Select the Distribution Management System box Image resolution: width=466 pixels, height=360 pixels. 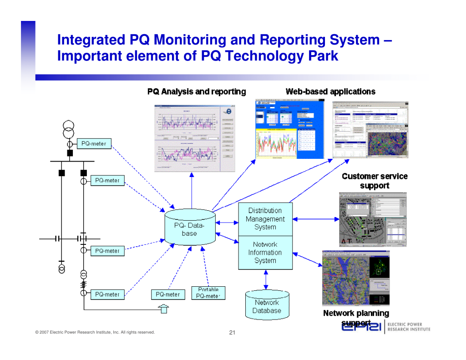pos(265,219)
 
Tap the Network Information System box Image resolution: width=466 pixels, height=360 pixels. pos(265,253)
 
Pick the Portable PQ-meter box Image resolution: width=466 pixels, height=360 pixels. pos(208,293)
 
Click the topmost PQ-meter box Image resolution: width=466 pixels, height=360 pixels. pos(94,144)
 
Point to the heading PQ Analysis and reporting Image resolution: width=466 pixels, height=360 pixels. pos(197,91)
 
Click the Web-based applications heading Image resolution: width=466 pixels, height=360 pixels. pos(330,91)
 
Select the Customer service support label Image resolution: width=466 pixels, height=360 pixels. pos(375,181)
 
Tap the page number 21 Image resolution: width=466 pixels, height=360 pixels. pos(232,333)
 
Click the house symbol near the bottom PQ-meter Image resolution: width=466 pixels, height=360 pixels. pos(163,309)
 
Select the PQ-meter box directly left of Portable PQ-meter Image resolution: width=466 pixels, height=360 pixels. pos(168,294)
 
